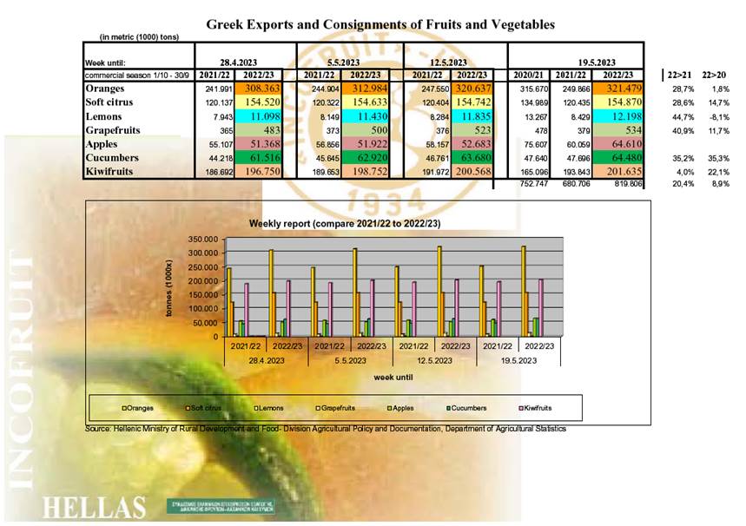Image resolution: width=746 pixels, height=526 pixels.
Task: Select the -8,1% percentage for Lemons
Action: (716, 116)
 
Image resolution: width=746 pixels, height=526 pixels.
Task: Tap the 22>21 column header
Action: (677, 76)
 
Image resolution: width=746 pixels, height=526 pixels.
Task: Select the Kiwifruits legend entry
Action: (536, 407)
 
